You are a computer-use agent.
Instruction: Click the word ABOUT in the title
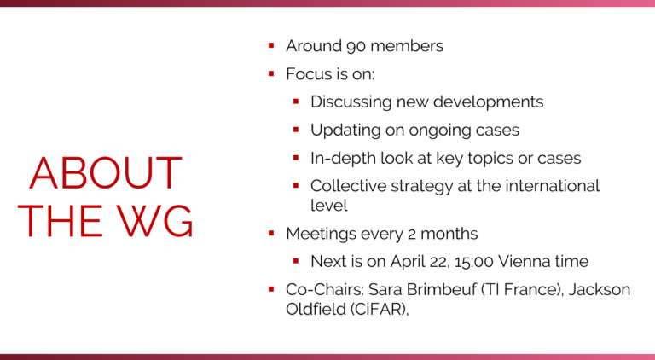tap(106, 173)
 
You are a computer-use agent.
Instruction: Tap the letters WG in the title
tap(154, 221)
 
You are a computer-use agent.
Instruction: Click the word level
tap(329, 206)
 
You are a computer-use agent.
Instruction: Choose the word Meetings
tap(321, 235)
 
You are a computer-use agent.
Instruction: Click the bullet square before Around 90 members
tap(271, 45)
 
